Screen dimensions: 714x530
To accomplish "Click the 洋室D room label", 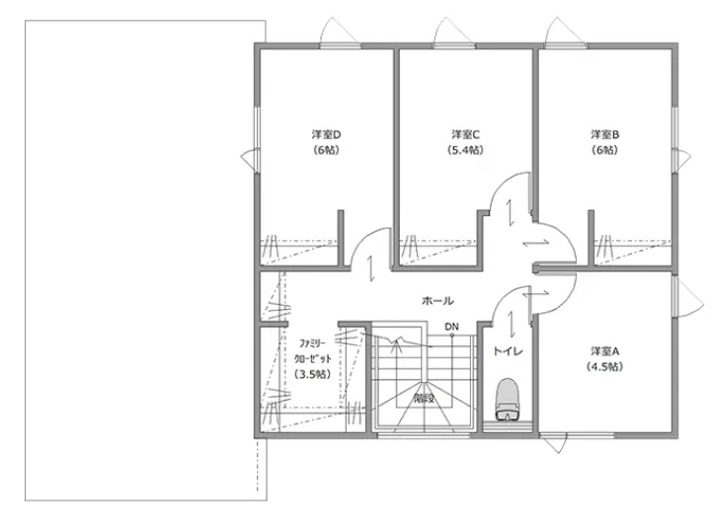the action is coord(326,134).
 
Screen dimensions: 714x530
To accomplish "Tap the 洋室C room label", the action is coord(465,134).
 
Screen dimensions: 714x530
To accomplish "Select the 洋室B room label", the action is coord(604,134).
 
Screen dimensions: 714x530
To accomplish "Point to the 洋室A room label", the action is coord(604,351).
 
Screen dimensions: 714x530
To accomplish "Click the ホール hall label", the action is coord(437,301).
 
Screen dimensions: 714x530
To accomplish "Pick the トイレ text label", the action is coord(509,351).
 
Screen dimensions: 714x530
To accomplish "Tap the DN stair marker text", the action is coord(451,327).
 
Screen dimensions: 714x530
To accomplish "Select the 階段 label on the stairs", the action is coord(424,399).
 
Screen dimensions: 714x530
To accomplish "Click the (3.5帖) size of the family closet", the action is coord(312,374).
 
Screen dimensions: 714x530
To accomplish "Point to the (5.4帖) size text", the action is coord(465,150).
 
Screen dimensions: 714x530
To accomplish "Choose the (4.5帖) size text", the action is coord(604,366).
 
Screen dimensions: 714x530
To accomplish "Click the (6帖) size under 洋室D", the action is coord(326,150).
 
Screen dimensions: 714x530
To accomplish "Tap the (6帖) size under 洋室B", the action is coord(604,150).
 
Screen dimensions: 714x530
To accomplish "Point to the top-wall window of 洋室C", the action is coord(454,45).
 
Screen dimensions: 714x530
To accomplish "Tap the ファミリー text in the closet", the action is coord(312,343).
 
